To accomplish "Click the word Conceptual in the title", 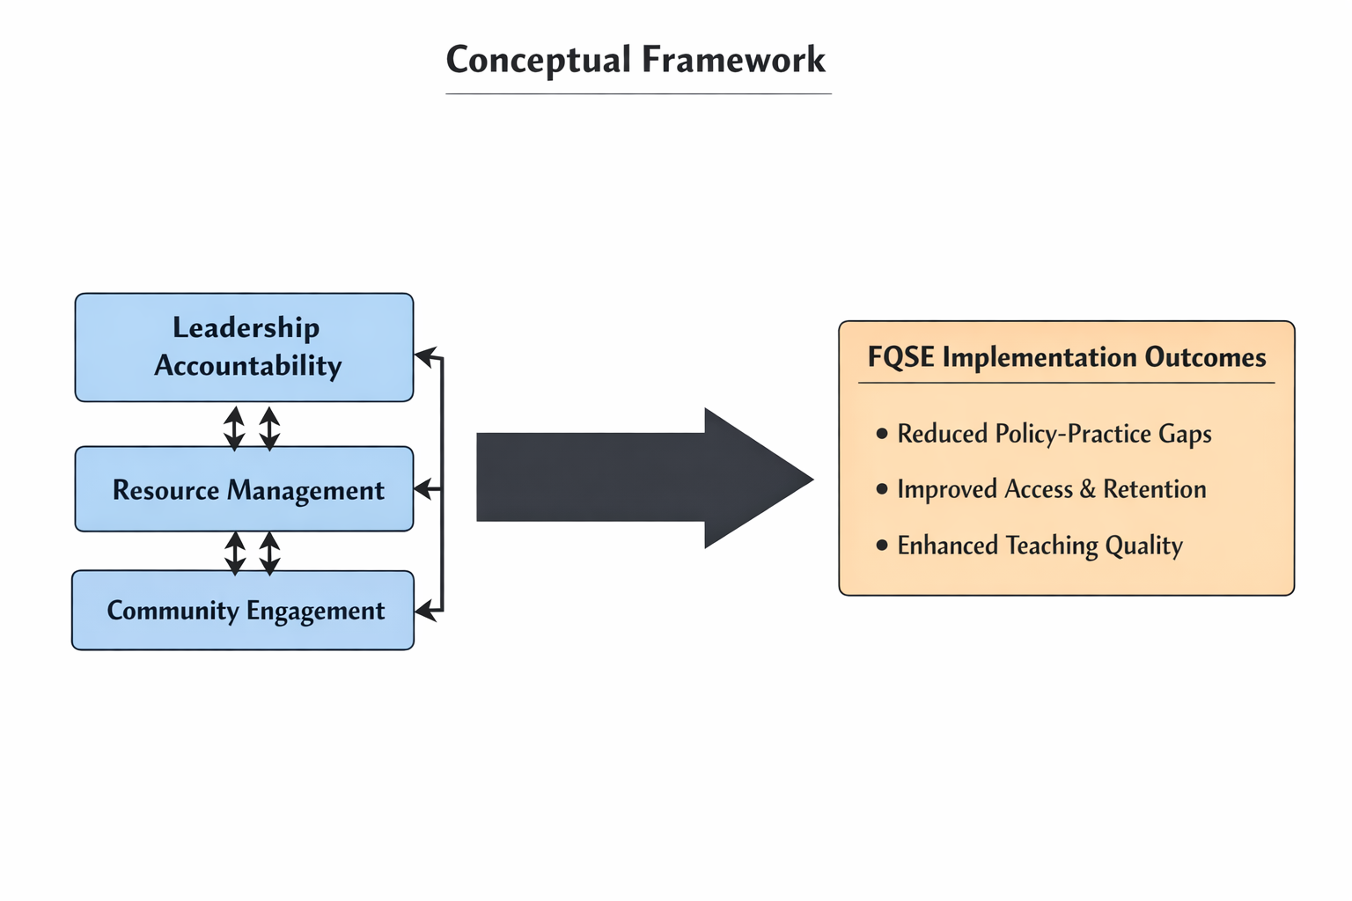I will tap(539, 60).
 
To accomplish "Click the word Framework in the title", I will tap(733, 60).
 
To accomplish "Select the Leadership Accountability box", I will tap(244, 348).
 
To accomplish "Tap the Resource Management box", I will tap(244, 489).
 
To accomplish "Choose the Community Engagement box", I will tap(243, 611).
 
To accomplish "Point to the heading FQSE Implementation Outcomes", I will tap(1066, 357).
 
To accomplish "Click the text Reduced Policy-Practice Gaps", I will tap(1054, 434).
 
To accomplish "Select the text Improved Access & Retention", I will tap(1051, 489).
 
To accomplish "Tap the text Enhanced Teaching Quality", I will tap(1040, 546).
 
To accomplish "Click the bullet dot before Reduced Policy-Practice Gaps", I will tap(882, 434).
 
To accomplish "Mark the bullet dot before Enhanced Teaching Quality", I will tap(882, 546).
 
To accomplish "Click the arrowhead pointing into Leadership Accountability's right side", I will tap(424, 356).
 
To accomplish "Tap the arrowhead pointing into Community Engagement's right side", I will tap(424, 610).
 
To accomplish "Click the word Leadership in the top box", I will tap(246, 327).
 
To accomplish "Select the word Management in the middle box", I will tap(305, 490).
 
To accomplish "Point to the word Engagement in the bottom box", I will tap(315, 611).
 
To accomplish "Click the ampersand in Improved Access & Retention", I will tap(1088, 489).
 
